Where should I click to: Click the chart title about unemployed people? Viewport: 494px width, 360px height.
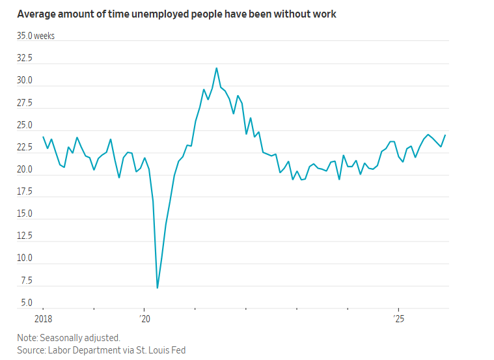176,14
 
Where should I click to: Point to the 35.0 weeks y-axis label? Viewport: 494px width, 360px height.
36,36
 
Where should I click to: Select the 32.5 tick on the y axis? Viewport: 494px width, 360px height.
25,58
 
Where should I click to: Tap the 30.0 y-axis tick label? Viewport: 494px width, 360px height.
25,81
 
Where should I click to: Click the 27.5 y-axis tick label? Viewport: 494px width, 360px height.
25,103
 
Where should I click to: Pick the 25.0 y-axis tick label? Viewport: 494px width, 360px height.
25,125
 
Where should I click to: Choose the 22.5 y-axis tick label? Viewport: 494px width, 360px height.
25,147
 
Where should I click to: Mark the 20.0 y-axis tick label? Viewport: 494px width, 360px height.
25,169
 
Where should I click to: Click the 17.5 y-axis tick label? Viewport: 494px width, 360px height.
25,191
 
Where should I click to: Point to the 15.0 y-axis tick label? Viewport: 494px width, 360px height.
25,214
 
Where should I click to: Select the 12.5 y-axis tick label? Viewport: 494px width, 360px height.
25,236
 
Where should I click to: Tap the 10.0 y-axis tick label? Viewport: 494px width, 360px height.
25,258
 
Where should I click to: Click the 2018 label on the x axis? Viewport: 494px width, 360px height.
44,318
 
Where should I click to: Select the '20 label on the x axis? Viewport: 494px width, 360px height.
144,318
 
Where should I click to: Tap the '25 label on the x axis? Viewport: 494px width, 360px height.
398,318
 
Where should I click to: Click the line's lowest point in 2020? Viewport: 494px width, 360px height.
158,287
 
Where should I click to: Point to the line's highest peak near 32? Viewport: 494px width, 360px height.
216,68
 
